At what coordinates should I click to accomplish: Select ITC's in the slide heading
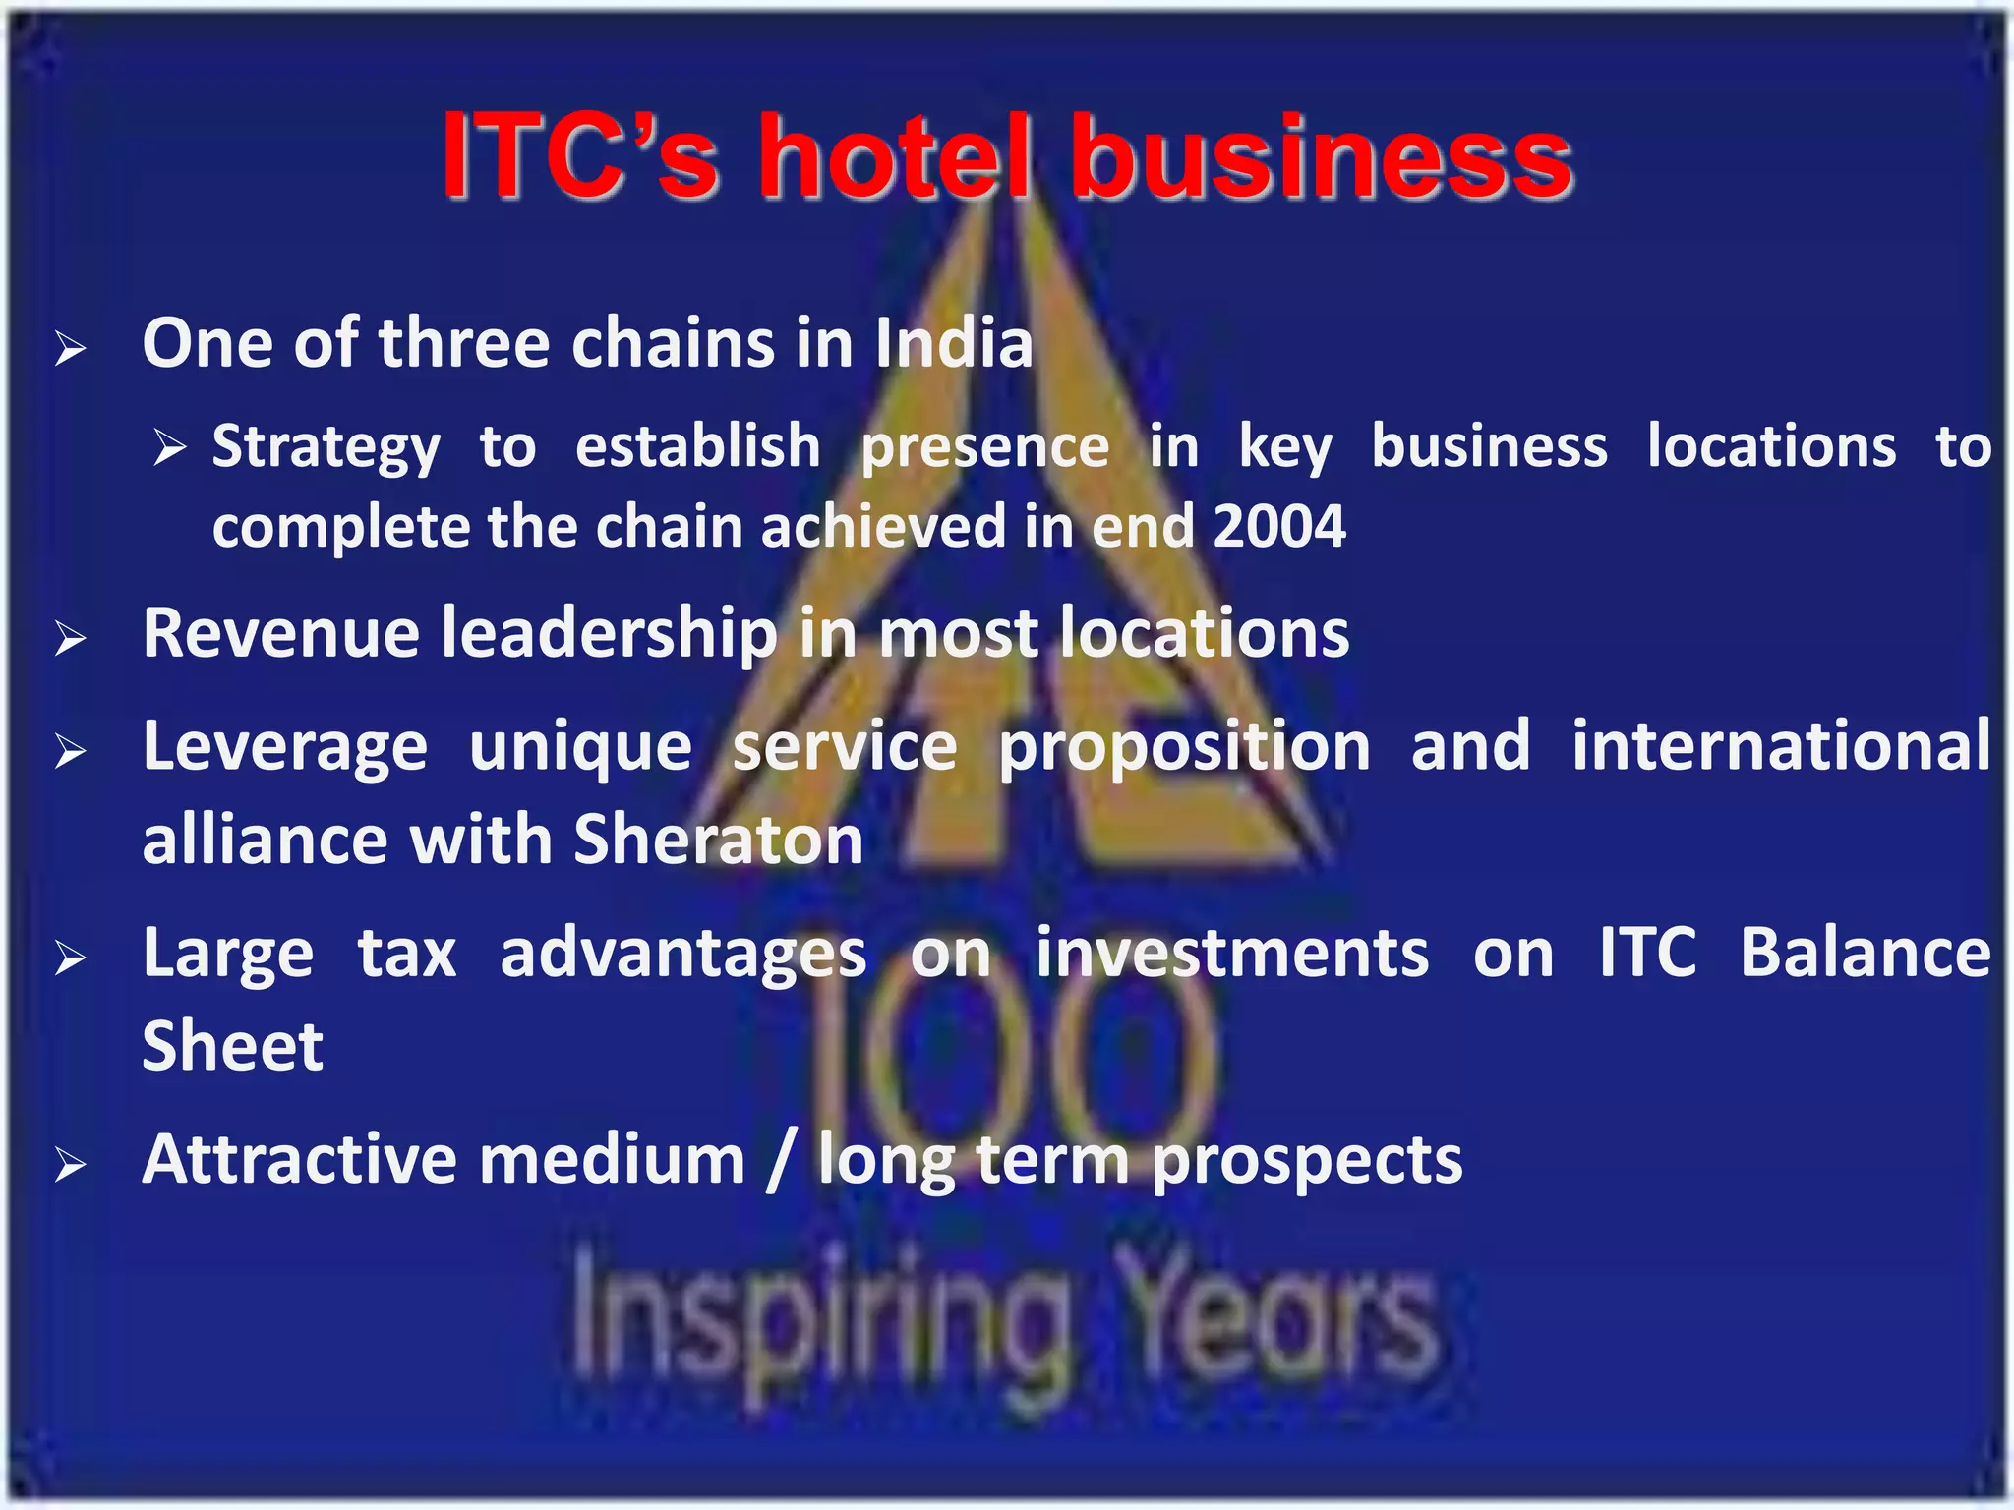(x=579, y=157)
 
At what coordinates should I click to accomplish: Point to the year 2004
(x=1278, y=526)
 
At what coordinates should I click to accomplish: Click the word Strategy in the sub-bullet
(x=326, y=448)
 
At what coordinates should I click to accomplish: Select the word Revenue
(x=281, y=633)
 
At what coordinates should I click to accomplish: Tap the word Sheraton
(x=718, y=841)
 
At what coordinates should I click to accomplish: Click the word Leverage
(x=285, y=747)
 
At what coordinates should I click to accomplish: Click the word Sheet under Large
(x=233, y=1046)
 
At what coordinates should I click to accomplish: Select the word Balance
(x=1865, y=953)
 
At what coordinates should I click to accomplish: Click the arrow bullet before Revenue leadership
(x=71, y=639)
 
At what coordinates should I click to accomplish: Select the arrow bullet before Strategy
(x=170, y=449)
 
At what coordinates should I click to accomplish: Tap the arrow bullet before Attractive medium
(x=71, y=1166)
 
